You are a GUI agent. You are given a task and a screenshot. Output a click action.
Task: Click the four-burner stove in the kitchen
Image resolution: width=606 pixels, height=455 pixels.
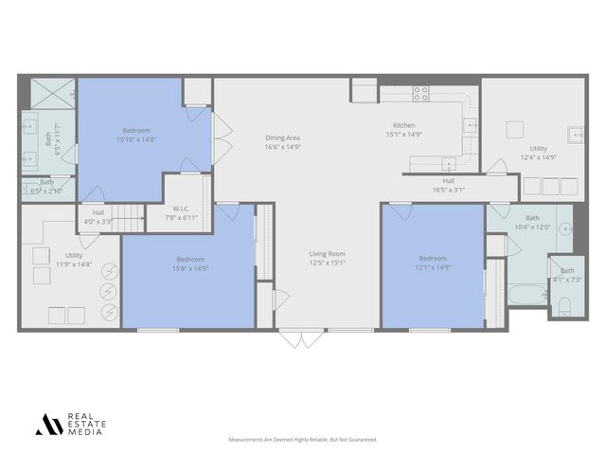[x=419, y=93]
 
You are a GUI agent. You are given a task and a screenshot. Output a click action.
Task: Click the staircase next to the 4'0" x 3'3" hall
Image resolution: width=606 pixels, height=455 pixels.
[x=128, y=217]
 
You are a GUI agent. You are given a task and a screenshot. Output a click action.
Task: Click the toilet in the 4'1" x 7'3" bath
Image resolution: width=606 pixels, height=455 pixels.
[x=563, y=305]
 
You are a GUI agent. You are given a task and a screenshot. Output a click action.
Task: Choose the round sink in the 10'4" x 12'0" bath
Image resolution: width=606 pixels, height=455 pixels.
[x=564, y=228]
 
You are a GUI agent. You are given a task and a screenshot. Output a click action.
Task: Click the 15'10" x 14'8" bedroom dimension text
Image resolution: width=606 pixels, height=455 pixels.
[x=135, y=139]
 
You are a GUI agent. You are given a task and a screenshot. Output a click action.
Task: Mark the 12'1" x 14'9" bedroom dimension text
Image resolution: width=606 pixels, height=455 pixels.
[x=433, y=266]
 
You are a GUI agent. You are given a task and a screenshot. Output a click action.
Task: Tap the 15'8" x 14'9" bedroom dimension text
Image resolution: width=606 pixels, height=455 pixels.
[x=189, y=267]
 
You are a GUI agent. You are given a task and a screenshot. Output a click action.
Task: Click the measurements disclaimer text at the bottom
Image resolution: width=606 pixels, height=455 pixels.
[x=303, y=440]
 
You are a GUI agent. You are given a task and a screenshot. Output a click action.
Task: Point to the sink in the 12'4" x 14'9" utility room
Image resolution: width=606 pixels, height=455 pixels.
[x=574, y=133]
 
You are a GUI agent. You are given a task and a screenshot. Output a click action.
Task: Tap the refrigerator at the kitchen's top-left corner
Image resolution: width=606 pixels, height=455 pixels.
[x=365, y=91]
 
